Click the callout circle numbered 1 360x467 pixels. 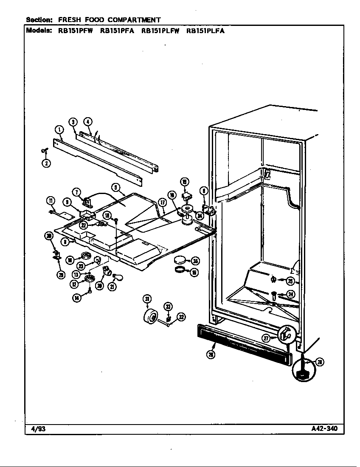tap(59, 129)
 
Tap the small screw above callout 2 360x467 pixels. tap(44, 150)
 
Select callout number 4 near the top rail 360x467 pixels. tap(87, 121)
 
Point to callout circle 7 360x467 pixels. tap(77, 192)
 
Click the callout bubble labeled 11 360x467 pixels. tap(51, 201)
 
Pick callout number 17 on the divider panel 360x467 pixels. tap(162, 203)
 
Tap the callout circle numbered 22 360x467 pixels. tap(84, 225)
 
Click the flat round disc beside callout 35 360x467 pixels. tap(180, 260)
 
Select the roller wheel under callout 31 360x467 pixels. tap(150, 317)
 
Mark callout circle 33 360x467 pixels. tap(168, 307)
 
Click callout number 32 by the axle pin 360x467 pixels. tap(181, 317)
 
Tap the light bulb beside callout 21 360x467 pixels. tap(119, 277)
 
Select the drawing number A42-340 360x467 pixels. tap(324, 428)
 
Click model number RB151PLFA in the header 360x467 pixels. tap(205, 31)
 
